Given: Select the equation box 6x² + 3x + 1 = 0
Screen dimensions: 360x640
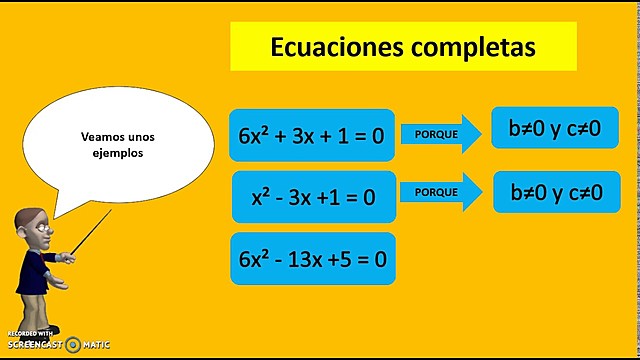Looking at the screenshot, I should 312,136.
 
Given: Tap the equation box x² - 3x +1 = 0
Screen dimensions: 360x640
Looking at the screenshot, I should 313,197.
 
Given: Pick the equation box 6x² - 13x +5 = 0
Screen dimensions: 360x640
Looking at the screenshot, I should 312,258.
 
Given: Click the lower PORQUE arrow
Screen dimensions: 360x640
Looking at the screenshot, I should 439,191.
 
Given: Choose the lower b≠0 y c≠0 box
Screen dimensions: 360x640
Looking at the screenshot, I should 556,192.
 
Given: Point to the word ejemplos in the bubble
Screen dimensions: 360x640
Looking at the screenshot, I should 113,154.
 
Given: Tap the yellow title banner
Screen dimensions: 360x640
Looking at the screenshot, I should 403,47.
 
